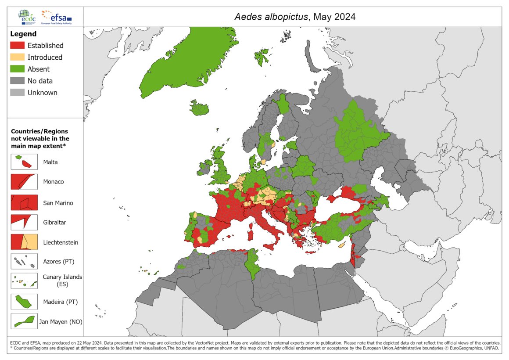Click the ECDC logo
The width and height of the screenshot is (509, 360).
pos(28,17)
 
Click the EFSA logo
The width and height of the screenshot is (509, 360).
pos(56,17)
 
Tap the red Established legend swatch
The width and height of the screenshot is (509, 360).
pos(18,45)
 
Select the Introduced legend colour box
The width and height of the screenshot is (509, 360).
pos(18,57)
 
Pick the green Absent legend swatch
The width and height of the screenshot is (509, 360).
pos(18,69)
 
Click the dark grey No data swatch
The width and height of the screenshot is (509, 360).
pos(18,81)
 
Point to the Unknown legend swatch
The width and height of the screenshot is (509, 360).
pos(18,93)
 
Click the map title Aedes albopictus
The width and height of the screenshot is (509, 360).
pos(272,17)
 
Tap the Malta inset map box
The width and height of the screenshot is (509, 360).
pos(24,162)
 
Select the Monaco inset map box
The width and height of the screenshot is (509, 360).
pos(24,181)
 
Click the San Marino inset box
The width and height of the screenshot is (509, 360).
pos(24,202)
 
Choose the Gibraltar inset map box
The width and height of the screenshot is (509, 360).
pos(24,222)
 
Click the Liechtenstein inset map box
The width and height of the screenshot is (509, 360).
pos(24,242)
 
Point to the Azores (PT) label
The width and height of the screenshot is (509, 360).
pos(58,262)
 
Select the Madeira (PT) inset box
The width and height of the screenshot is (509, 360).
pos(24,302)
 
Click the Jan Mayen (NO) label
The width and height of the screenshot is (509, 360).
pos(61,322)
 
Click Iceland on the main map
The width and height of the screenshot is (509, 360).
pos(200,108)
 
